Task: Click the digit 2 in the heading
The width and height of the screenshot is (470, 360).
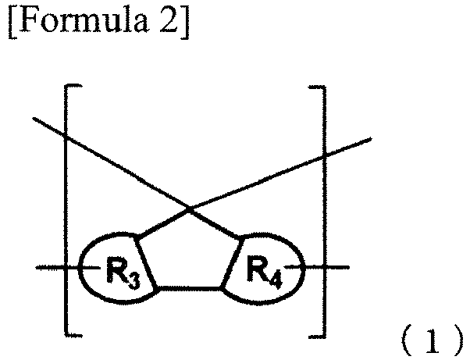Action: pyautogui.click(x=169, y=20)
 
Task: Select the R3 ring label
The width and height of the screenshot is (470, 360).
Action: pyautogui.click(x=123, y=273)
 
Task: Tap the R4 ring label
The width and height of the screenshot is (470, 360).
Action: pyautogui.click(x=265, y=273)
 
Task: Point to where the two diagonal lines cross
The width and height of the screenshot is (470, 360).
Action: pyautogui.click(x=190, y=209)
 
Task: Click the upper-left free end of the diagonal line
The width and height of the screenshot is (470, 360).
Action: pyautogui.click(x=34, y=119)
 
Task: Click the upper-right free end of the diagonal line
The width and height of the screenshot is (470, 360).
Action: pyautogui.click(x=371, y=139)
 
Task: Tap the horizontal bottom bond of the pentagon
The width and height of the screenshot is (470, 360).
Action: pyautogui.click(x=188, y=288)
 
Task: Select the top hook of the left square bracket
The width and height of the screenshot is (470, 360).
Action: pyautogui.click(x=73, y=87)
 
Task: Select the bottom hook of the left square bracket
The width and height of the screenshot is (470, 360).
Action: pyautogui.click(x=73, y=334)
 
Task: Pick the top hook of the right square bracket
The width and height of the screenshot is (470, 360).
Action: pyautogui.click(x=317, y=87)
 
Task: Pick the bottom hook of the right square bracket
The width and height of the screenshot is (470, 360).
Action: pyautogui.click(x=317, y=336)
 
